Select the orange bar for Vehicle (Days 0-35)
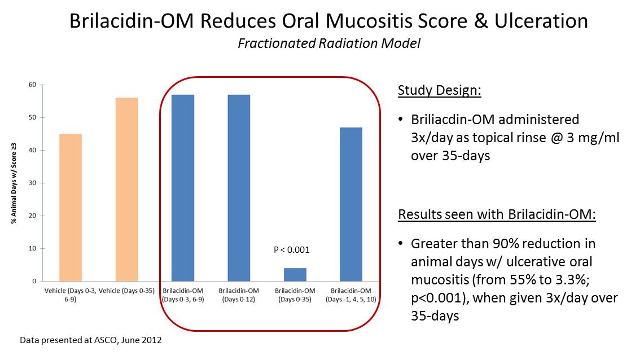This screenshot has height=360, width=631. click(126, 189)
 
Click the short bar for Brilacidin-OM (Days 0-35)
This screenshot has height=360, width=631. click(295, 274)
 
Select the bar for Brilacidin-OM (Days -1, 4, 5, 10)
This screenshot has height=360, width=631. click(351, 204)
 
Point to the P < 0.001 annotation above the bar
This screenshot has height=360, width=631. click(292, 249)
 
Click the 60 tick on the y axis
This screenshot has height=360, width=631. click(32, 85)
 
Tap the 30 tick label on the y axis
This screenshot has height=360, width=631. click(32, 183)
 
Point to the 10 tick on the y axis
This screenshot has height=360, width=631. click(32, 248)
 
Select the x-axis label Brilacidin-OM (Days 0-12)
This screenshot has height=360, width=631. click(239, 295)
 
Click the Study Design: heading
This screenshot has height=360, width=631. click(439, 90)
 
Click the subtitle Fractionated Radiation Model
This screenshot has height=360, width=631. click(329, 43)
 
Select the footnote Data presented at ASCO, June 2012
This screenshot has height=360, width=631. click(91, 341)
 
